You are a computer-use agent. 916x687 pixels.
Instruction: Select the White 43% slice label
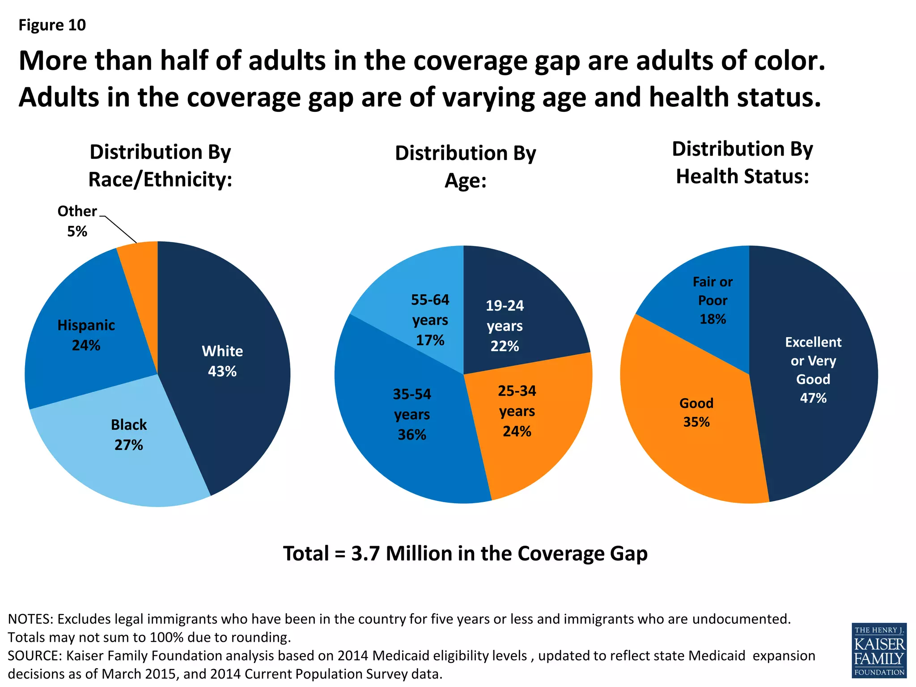tap(222, 361)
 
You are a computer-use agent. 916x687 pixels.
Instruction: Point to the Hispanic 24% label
tap(86, 335)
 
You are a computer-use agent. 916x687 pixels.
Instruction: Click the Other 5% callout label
tap(77, 221)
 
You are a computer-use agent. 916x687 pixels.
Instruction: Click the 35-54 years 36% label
tap(411, 414)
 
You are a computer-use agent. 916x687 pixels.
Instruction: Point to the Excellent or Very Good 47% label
tap(813, 370)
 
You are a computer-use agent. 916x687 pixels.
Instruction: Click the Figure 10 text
tap(52, 25)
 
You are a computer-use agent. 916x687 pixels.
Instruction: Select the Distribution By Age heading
tap(465, 166)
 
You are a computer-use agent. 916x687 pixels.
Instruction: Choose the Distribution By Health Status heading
tap(742, 162)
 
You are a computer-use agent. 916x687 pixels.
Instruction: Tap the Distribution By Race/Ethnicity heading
tap(160, 165)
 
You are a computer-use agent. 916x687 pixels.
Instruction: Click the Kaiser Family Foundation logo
tap(879, 649)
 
